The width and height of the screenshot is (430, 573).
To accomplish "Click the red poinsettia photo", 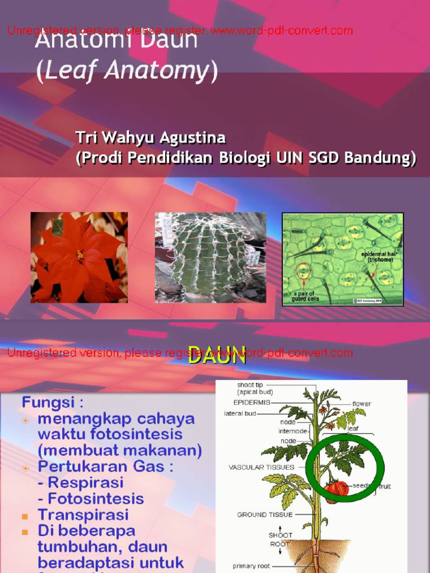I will pyautogui.click(x=79, y=257).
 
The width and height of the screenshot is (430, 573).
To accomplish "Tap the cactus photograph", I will pyautogui.click(x=211, y=257).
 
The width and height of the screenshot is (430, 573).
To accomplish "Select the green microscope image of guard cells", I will pyautogui.click(x=342, y=259).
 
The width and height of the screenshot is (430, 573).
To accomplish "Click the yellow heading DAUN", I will pyautogui.click(x=217, y=355).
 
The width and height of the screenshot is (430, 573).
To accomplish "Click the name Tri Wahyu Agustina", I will pyautogui.click(x=151, y=138).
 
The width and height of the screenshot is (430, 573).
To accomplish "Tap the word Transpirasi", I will pyautogui.click(x=83, y=514).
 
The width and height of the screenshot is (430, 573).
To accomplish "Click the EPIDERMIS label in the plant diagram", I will pyautogui.click(x=252, y=402).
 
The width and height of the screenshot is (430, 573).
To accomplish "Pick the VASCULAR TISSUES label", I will pyautogui.click(x=261, y=467).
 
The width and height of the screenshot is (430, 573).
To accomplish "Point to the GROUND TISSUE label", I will pyautogui.click(x=263, y=514).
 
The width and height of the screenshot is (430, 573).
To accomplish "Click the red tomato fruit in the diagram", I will pyautogui.click(x=337, y=488).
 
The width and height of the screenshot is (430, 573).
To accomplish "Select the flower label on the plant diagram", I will pyautogui.click(x=362, y=403).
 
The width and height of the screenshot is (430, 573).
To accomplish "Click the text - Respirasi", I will pyautogui.click(x=80, y=482).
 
